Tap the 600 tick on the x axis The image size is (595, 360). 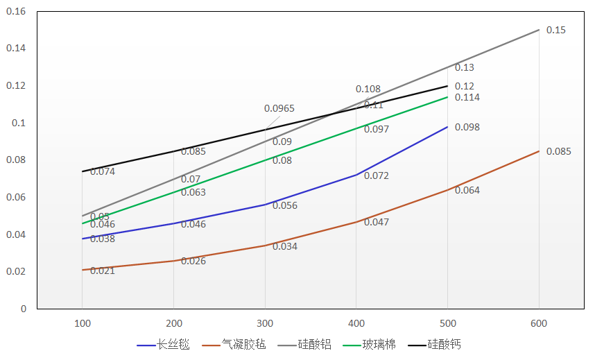coord(539,323)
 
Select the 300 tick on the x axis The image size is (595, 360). coord(265,323)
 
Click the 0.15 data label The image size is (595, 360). coord(556,30)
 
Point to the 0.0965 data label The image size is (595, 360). coord(279,108)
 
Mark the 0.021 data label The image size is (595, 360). coord(103,271)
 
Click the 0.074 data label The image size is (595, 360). coord(103,171)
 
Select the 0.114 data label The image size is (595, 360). coord(467,97)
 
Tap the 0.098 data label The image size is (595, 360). coord(467,127)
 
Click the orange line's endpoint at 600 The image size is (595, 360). coord(539,151)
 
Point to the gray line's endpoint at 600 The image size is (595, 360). coord(539,30)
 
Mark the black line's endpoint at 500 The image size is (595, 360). coord(447,86)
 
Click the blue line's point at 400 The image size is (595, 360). coord(356,175)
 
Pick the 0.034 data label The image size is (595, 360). coord(285,246)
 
